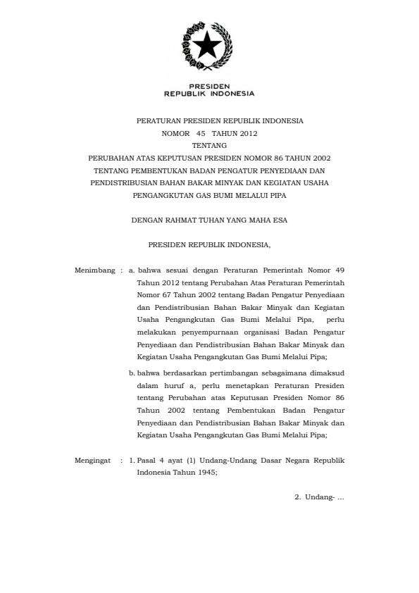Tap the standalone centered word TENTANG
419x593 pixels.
[x=209, y=145]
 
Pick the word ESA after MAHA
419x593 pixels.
[x=280, y=220]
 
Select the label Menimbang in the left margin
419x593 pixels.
[x=94, y=270]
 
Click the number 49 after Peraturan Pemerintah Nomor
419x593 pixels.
[x=339, y=270]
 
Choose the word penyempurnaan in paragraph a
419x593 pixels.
[x=212, y=332]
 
